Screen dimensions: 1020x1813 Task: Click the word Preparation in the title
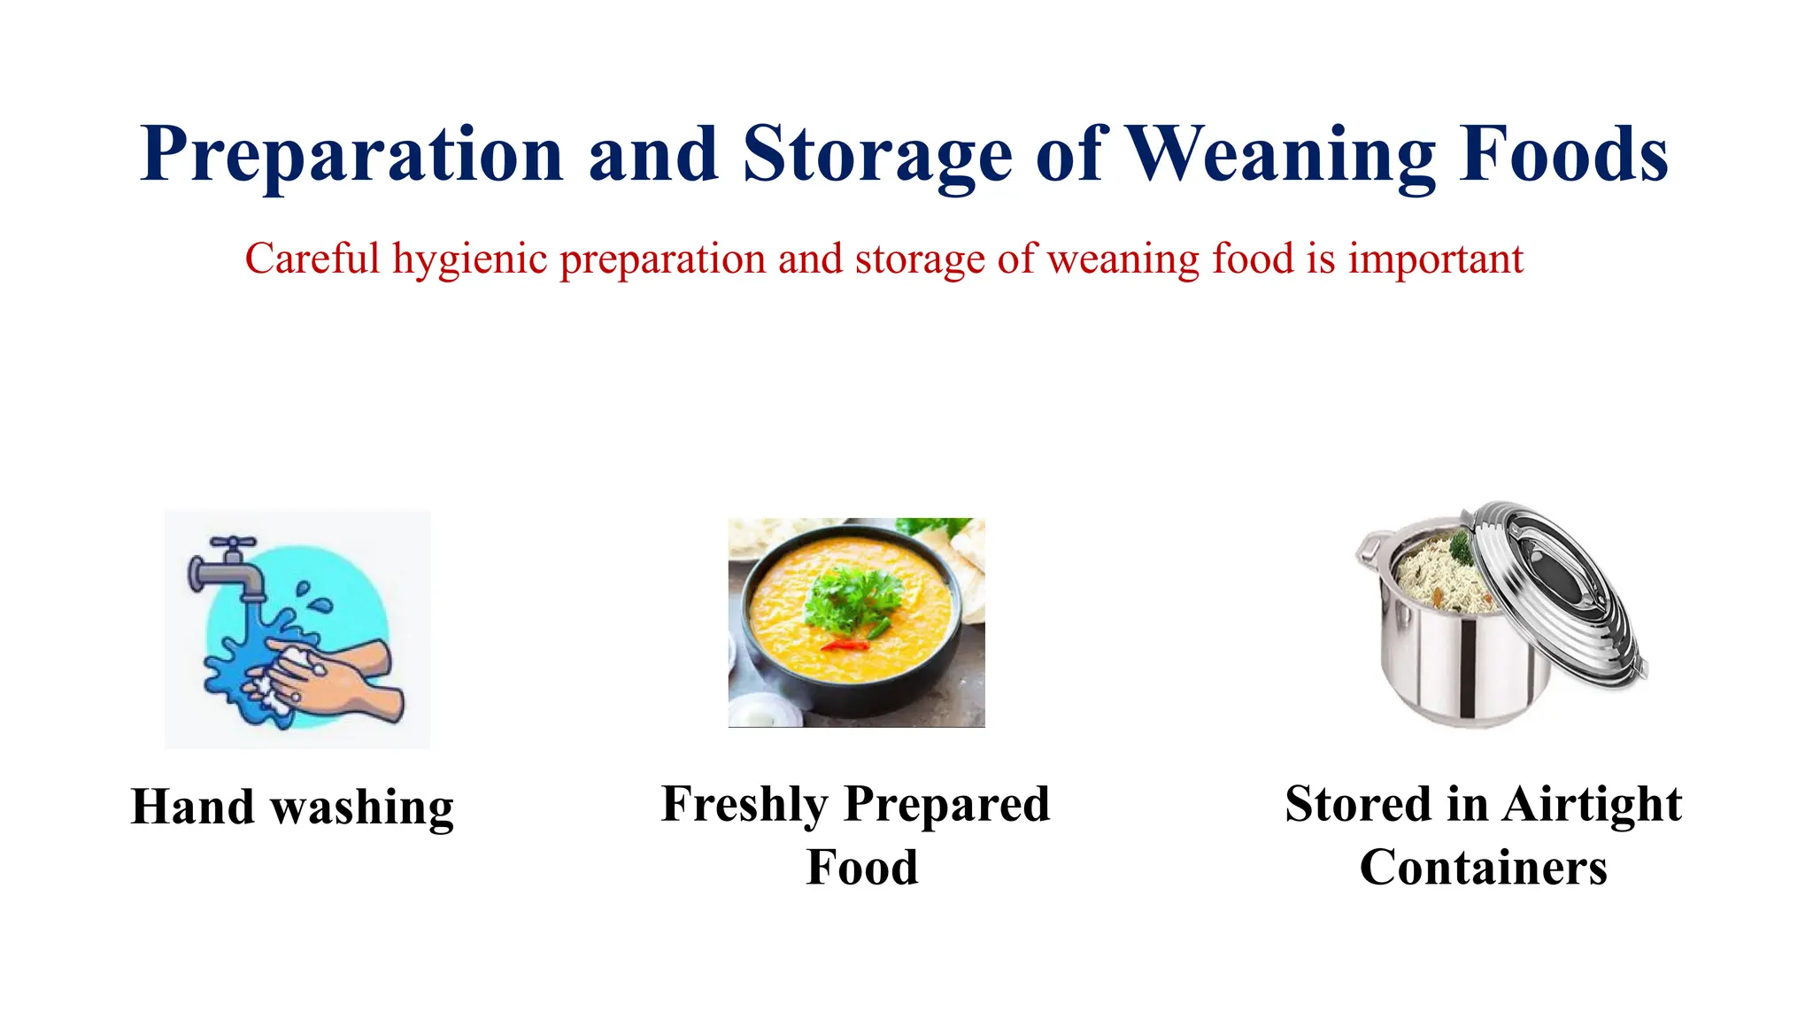click(x=352, y=155)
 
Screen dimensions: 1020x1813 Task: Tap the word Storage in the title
click(x=876, y=155)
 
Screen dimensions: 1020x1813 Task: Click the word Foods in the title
click(x=1564, y=155)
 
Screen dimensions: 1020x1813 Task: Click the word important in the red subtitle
click(x=1435, y=259)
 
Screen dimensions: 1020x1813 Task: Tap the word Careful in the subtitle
click(x=312, y=259)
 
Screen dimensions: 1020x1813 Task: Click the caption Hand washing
click(x=292, y=807)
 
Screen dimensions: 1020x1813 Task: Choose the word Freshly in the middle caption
click(x=744, y=804)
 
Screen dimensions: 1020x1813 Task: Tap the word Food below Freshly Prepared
click(x=861, y=867)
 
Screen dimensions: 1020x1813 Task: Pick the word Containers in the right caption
click(x=1483, y=867)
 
